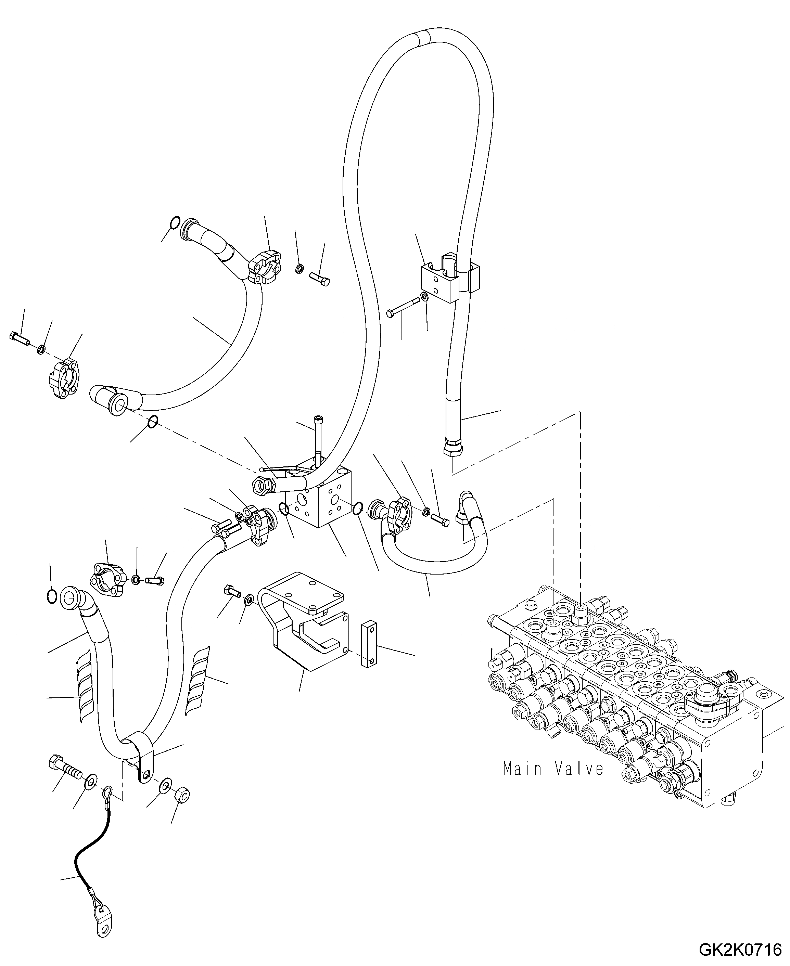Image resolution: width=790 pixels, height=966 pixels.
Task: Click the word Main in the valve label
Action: coord(522,769)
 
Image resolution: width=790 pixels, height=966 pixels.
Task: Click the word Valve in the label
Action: coord(579,769)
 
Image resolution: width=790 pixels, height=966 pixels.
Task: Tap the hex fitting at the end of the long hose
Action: coord(453,449)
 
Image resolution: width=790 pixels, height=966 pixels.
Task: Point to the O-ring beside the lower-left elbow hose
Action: coord(52,596)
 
